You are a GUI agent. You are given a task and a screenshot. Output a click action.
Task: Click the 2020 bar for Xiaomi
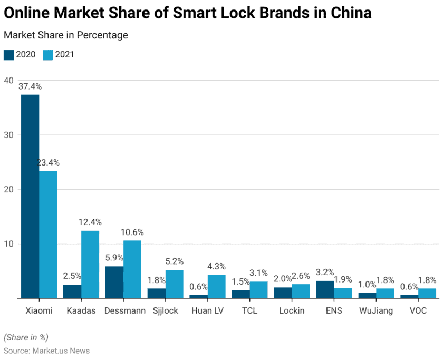pos(30,196)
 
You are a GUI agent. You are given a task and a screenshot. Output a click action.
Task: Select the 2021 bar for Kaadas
pos(90,265)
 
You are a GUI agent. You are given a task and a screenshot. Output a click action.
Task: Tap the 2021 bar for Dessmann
pos(132,269)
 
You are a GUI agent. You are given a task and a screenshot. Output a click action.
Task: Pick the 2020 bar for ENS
pos(325,289)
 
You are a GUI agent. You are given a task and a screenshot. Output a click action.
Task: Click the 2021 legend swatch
pos(49,54)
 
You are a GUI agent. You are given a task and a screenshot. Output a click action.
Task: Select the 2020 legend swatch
pos(8,54)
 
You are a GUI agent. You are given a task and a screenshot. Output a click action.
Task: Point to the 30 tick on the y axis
pos(8,135)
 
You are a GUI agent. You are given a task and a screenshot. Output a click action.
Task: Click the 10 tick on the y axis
pos(8,244)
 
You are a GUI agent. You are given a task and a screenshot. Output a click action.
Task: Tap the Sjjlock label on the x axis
pos(166,311)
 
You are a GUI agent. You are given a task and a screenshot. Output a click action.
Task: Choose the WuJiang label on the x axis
pos(376,311)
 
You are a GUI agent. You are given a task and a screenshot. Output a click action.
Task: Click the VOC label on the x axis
pos(418,311)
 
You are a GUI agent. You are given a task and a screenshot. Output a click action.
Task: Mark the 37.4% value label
pos(30,86)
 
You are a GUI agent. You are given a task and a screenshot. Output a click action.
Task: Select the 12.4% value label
pos(90,222)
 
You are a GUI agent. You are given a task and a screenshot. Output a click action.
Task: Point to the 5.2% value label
pos(175,261)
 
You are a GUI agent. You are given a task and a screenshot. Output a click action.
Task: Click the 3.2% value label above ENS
pos(325,272)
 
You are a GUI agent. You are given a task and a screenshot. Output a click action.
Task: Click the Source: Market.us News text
pos(46,351)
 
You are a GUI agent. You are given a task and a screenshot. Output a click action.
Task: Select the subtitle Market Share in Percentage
pos(66,35)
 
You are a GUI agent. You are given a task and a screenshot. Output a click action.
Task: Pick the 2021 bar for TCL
pos(258,290)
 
